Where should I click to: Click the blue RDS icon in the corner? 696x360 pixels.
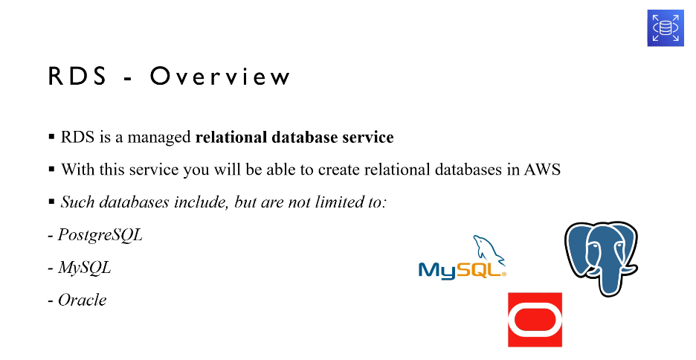[666, 28]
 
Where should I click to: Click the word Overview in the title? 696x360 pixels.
[220, 76]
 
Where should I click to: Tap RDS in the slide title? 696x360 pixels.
[77, 76]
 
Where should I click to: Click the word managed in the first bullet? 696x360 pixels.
[159, 138]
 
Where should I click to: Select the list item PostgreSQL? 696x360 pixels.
[100, 235]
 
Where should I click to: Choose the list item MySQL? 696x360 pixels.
[84, 268]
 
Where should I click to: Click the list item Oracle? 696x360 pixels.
[83, 300]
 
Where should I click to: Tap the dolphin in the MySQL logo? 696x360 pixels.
[489, 249]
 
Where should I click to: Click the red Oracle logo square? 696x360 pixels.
[535, 319]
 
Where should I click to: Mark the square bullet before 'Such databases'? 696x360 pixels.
[51, 202]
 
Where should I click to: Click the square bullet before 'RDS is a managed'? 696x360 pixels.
[51, 136]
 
